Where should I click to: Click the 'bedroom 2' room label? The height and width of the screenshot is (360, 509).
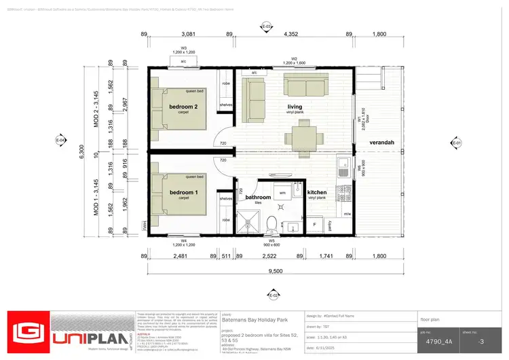183,107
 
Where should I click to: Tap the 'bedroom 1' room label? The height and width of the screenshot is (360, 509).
183,193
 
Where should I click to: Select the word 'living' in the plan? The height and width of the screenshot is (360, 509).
295,107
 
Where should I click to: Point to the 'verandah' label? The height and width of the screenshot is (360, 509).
382,143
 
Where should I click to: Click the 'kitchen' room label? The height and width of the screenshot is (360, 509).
317,193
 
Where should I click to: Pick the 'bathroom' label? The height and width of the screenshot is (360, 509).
258,198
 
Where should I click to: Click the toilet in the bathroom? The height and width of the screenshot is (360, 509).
271,223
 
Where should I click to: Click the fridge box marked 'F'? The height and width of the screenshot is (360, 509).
314,223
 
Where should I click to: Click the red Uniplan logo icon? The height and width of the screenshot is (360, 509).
28,332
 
